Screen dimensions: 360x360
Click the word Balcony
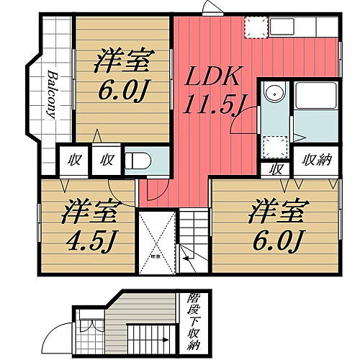tap(52, 94)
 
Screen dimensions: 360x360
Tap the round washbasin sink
tap(274, 92)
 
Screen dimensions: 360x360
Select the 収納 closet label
tap(316, 160)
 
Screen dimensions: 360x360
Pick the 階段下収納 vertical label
tap(193, 318)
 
